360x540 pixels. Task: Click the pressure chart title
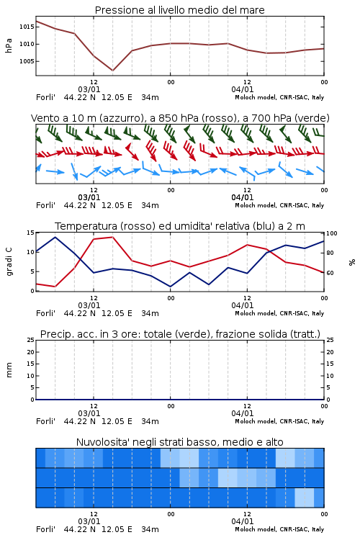(179, 10)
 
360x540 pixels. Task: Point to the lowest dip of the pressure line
(112, 71)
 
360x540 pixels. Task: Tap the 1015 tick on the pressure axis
(26, 27)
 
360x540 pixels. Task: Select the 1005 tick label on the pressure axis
(26, 61)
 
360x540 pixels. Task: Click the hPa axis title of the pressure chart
(9, 45)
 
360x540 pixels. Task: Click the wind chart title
(180, 118)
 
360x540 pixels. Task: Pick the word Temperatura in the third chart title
(86, 226)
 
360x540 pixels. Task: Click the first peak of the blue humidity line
(55, 237)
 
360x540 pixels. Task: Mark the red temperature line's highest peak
(112, 237)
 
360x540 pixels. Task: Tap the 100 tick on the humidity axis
(331, 233)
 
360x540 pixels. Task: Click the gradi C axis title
(9, 261)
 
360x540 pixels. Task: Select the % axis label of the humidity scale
(352, 262)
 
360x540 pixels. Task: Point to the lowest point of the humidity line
(170, 287)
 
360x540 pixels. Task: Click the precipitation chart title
(180, 334)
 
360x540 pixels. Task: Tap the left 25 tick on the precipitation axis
(31, 340)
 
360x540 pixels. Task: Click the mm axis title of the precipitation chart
(9, 370)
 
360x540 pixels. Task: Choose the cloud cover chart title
(179, 442)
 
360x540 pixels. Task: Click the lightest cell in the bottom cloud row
(304, 498)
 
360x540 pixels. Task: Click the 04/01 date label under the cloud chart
(243, 521)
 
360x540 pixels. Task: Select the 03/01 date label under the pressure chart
(89, 89)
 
